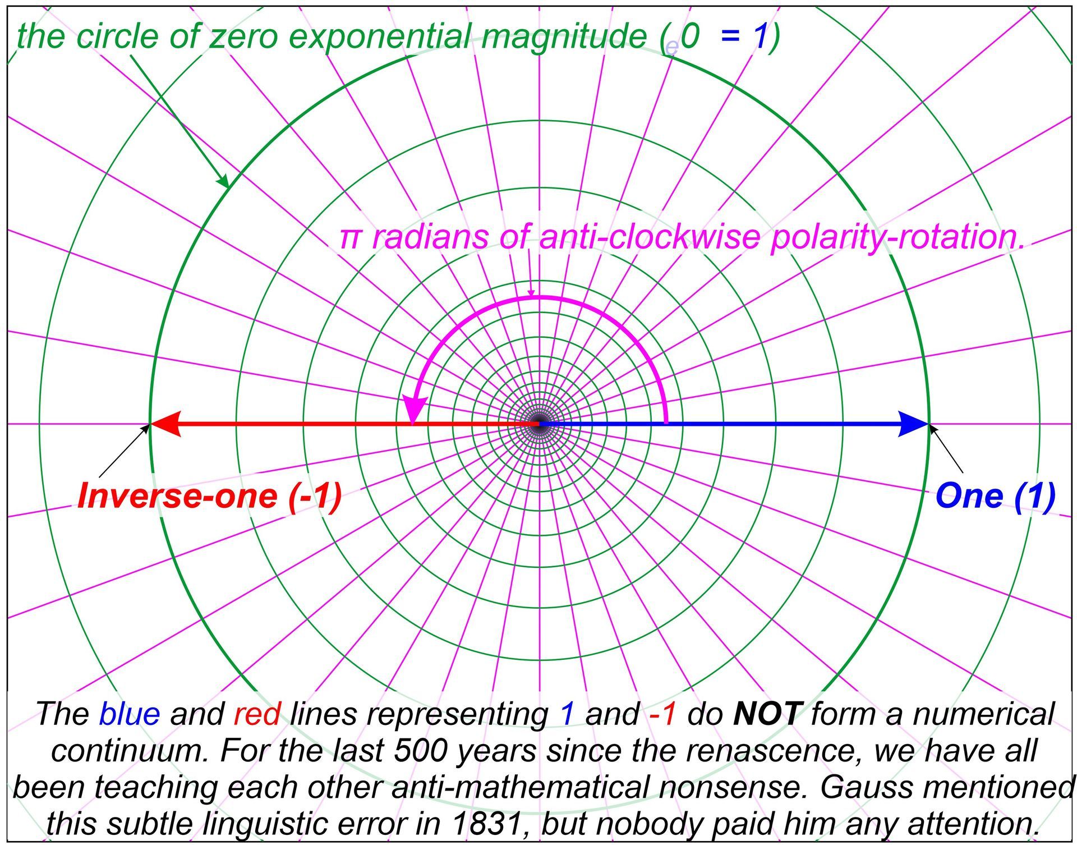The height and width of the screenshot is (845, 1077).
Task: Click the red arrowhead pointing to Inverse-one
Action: [x=166, y=424]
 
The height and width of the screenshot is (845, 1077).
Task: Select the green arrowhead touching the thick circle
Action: [x=223, y=181]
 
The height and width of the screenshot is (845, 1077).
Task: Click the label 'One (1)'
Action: [x=995, y=496]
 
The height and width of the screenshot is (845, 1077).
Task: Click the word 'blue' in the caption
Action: [x=130, y=714]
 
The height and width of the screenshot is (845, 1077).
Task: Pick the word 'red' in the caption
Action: [x=257, y=714]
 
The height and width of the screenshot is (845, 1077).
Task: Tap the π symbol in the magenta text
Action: [x=350, y=238]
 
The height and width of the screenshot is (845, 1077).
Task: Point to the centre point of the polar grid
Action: [x=538, y=424]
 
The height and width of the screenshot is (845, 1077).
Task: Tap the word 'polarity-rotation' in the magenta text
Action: [x=897, y=237]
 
